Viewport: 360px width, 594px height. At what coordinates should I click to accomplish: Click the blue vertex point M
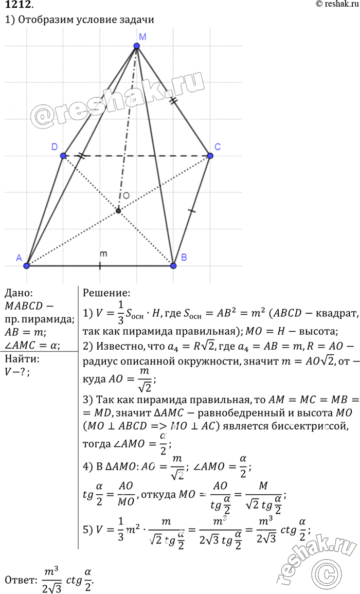tap(137, 46)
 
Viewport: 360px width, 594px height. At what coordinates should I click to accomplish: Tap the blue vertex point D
tap(63, 155)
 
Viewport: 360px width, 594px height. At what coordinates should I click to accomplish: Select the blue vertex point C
tap(210, 155)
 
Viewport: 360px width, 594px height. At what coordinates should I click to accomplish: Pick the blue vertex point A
tap(27, 265)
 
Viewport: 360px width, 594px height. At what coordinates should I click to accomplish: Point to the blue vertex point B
tap(173, 265)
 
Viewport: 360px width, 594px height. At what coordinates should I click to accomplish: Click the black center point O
tap(119, 211)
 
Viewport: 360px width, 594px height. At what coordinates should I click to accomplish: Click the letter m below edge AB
tap(103, 254)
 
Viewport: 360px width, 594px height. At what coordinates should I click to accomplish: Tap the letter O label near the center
tap(125, 196)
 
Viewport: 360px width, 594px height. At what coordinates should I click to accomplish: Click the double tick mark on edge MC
tap(173, 102)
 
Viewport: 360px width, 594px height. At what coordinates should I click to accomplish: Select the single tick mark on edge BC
tap(191, 211)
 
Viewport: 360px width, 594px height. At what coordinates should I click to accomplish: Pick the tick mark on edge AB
tap(100, 265)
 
